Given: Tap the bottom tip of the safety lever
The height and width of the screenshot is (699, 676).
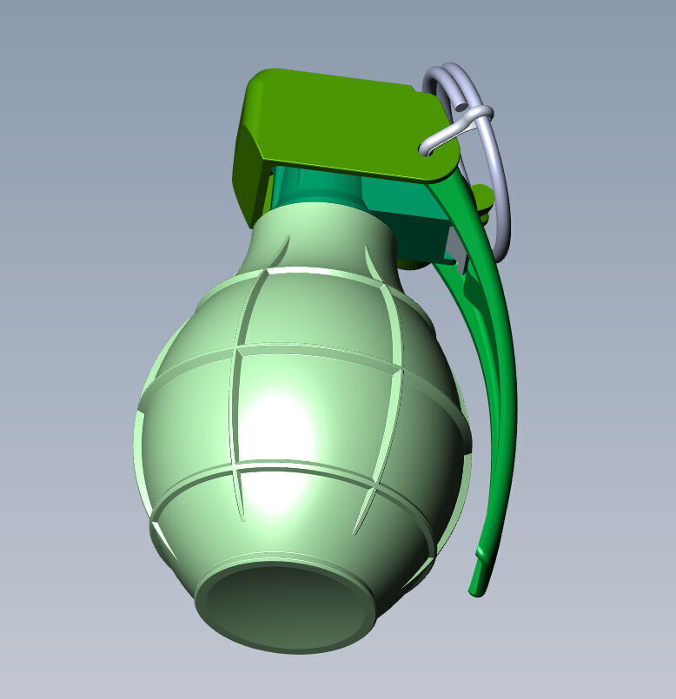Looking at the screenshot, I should (x=476, y=590).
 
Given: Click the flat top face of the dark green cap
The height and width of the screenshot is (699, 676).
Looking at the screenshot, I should (x=348, y=122).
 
